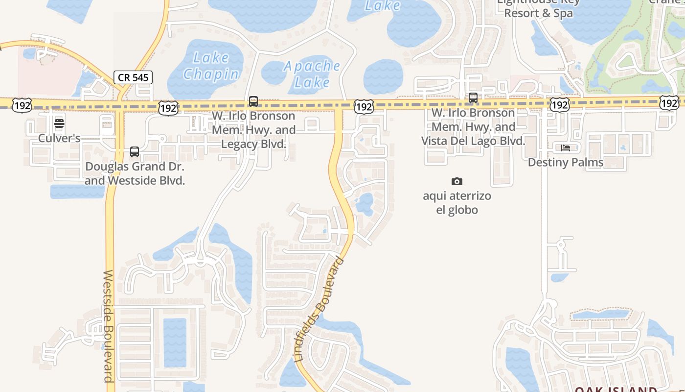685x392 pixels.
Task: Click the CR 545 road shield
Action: (x=133, y=77)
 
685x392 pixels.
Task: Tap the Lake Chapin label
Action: (x=211, y=66)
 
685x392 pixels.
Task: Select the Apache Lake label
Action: (x=312, y=74)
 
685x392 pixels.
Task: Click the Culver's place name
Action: (x=59, y=138)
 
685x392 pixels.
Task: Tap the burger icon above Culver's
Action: (x=59, y=123)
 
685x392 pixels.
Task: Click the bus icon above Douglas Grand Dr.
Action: (x=135, y=152)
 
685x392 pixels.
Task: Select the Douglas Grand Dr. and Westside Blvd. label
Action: (x=135, y=173)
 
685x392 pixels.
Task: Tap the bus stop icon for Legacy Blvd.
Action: (x=253, y=101)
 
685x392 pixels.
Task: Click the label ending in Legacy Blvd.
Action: (x=253, y=130)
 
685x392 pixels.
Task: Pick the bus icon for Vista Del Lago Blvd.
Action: (x=473, y=98)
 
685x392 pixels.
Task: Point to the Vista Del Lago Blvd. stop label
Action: (x=473, y=127)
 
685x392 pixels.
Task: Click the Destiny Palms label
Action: (x=566, y=162)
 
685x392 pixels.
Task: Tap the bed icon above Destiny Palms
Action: (x=566, y=147)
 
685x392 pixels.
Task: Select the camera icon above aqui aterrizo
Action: (x=457, y=182)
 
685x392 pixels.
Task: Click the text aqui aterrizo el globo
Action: (x=457, y=203)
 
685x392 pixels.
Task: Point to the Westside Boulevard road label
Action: (x=108, y=325)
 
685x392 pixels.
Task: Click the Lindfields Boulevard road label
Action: (x=319, y=310)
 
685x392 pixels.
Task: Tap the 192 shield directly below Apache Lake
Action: (x=364, y=106)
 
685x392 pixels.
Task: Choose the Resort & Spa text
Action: (x=538, y=13)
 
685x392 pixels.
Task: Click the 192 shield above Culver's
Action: (x=23, y=105)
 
